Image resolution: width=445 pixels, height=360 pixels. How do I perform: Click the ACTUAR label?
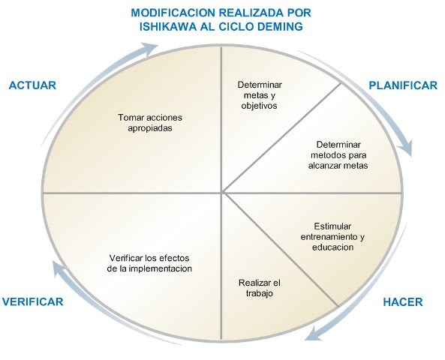(x=32, y=85)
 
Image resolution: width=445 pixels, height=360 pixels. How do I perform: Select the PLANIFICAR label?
(x=403, y=85)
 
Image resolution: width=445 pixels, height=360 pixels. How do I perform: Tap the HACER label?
(x=403, y=302)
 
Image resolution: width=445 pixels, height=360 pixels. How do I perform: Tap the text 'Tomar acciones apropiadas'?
(x=150, y=123)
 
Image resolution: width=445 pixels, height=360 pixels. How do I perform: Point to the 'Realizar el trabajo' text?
(x=260, y=288)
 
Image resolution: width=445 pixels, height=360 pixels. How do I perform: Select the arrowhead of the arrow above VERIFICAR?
(x=53, y=264)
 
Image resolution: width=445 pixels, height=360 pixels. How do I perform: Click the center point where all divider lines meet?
(x=223, y=193)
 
